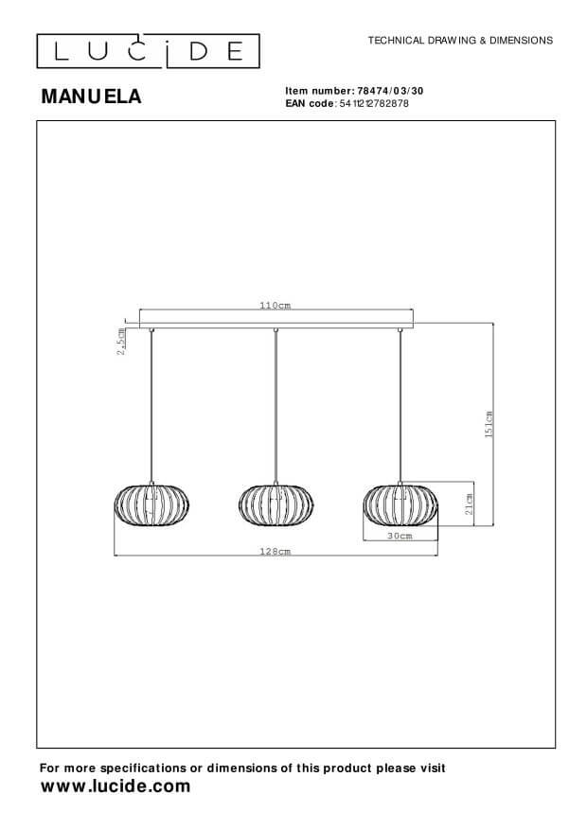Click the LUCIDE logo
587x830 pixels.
(x=149, y=51)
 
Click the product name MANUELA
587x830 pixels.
(x=91, y=97)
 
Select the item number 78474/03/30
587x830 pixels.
(x=391, y=91)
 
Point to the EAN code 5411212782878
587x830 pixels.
(x=374, y=103)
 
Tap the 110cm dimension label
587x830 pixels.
(x=276, y=306)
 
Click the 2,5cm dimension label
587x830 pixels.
(x=121, y=342)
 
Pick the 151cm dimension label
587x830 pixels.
(x=489, y=424)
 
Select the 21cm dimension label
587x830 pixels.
(x=469, y=503)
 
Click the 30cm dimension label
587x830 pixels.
(x=400, y=536)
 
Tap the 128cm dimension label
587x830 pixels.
(x=276, y=551)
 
